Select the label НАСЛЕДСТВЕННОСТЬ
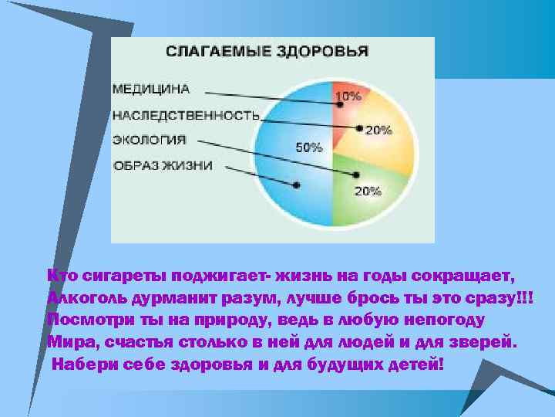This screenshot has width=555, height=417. tap(186, 115)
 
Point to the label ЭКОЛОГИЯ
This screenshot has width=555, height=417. tap(150, 140)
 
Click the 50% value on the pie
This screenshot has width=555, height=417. tap(309, 147)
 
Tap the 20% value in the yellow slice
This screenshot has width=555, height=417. tap(378, 131)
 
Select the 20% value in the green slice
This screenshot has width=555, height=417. tap(367, 192)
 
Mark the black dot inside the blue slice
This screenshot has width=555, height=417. tap(297, 184)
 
